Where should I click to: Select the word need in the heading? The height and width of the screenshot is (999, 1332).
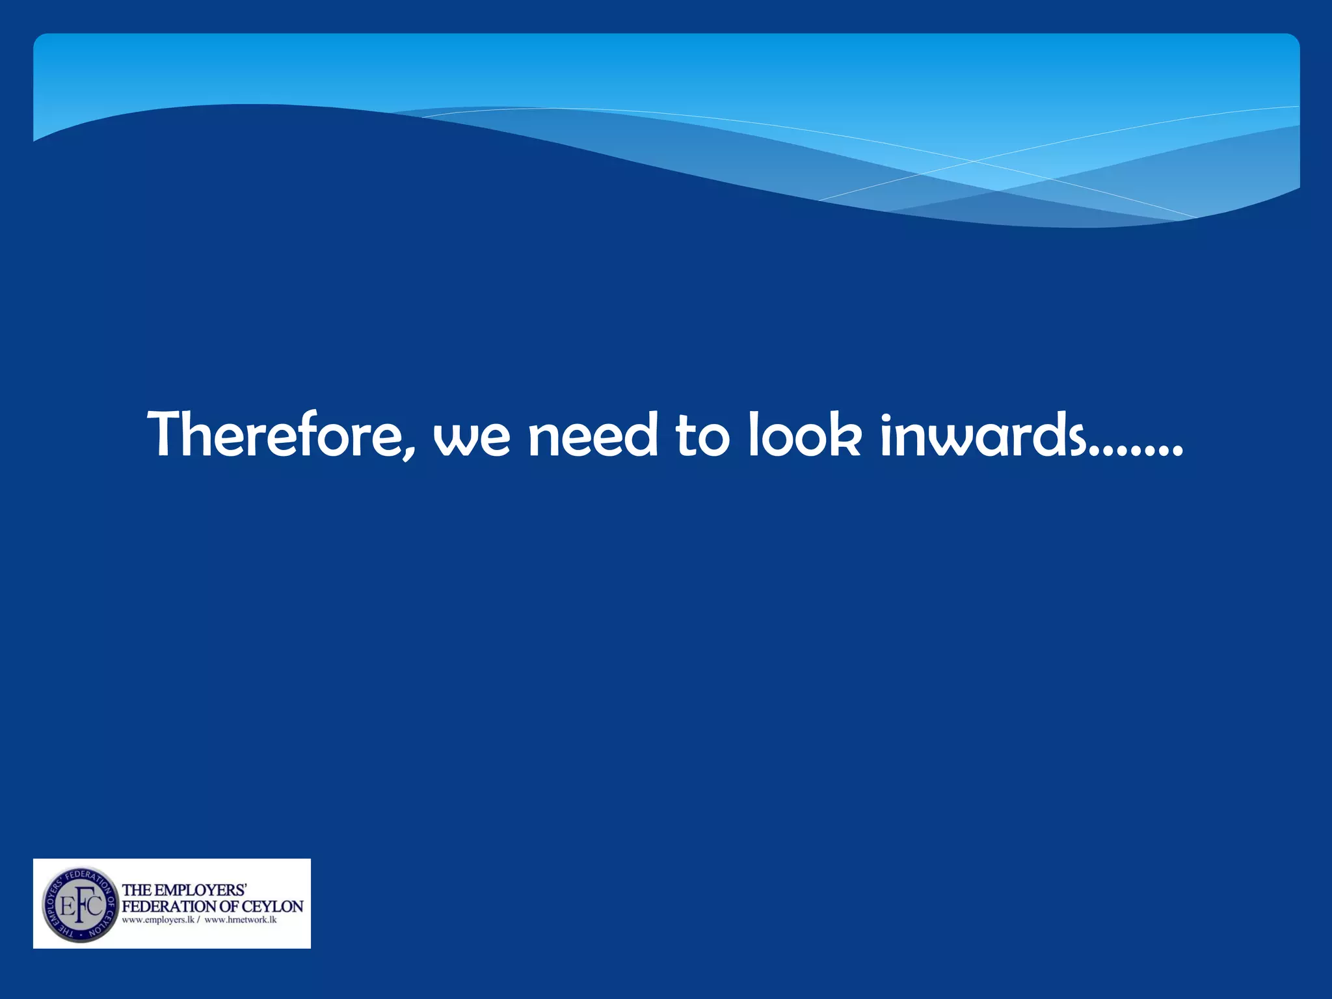pos(593,434)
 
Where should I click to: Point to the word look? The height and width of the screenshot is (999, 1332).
pos(805,434)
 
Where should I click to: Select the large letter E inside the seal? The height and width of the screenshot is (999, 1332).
pos(66,906)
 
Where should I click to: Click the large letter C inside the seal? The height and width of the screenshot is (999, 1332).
pos(95,905)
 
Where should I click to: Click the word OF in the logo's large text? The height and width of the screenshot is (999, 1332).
pos(230,906)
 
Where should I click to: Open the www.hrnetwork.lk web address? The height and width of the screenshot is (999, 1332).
pos(241,920)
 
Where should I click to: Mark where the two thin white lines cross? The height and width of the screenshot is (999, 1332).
pos(973,161)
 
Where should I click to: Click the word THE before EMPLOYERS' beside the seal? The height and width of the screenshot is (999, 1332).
pos(137,890)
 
